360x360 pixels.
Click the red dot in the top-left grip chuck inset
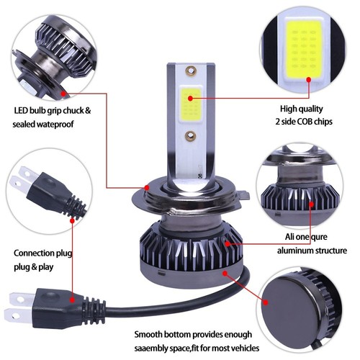pyautogui.click(x=65, y=93)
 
